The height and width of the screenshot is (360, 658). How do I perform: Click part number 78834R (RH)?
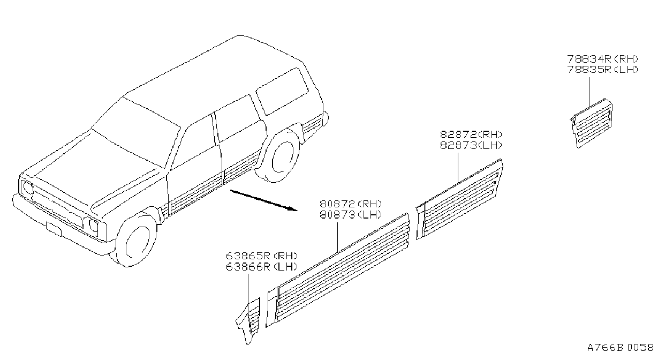click(x=602, y=59)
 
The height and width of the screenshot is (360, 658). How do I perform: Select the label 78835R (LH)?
click(x=602, y=70)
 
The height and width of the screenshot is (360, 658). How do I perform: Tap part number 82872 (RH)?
click(x=471, y=134)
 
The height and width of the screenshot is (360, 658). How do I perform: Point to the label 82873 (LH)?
click(x=471, y=145)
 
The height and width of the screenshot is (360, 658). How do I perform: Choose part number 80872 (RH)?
click(x=351, y=204)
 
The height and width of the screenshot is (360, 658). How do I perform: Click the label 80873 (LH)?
click(x=351, y=214)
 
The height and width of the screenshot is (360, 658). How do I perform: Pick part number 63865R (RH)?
click(x=262, y=256)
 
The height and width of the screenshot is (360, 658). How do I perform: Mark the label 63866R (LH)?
click(x=262, y=267)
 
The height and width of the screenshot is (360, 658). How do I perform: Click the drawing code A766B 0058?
click(x=621, y=348)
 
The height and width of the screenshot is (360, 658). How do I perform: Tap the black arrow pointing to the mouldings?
click(x=264, y=200)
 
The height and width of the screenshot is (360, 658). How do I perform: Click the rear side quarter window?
click(x=282, y=92)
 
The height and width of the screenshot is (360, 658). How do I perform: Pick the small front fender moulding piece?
click(x=248, y=321)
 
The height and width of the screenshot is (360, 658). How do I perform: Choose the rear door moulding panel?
click(x=459, y=199)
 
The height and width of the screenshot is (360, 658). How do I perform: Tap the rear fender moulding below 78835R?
click(x=591, y=123)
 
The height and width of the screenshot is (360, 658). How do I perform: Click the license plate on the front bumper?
click(x=54, y=229)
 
